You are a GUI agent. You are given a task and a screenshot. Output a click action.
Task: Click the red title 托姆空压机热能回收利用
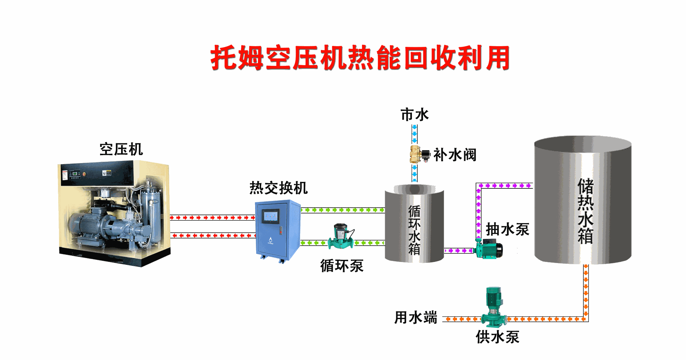(359, 58)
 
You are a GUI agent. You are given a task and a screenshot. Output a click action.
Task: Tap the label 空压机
(121, 149)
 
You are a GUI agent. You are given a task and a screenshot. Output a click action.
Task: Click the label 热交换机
(278, 188)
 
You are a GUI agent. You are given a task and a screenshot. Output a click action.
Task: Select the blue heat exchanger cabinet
(278, 232)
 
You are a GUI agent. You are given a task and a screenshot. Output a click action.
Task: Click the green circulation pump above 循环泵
(341, 237)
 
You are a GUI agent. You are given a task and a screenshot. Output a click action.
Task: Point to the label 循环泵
(342, 266)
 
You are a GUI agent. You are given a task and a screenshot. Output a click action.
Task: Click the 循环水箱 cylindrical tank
(414, 225)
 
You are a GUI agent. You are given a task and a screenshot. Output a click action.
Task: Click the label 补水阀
(455, 155)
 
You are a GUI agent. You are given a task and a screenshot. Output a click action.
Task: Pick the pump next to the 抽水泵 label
(489, 248)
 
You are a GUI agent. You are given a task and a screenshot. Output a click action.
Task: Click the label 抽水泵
(507, 230)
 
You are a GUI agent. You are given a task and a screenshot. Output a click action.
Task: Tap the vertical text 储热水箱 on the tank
(585, 211)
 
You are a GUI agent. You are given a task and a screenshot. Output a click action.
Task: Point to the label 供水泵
(497, 337)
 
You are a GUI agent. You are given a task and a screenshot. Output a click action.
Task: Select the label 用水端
(416, 317)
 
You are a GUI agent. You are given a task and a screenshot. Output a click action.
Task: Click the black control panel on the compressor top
(96, 173)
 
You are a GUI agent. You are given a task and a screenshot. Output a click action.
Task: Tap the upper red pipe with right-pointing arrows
(212, 217)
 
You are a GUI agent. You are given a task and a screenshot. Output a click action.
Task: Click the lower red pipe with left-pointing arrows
(213, 236)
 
